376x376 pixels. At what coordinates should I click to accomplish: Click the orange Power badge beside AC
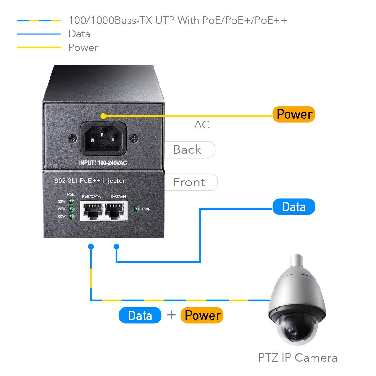[x=294, y=114]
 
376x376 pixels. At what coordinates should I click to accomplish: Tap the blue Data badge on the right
[x=294, y=207]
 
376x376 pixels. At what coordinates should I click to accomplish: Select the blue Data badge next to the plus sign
[x=140, y=315]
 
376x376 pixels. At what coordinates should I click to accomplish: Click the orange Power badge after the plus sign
[x=202, y=315]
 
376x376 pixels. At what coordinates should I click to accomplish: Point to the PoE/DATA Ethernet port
[x=91, y=210]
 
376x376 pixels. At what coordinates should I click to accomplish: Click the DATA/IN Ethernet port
[x=116, y=210]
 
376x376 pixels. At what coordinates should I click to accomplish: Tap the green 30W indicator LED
[x=71, y=201]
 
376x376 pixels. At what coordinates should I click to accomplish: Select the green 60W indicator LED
[x=71, y=209]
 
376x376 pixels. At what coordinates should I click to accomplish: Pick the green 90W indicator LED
[x=71, y=216]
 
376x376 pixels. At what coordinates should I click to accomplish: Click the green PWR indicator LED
[x=137, y=209]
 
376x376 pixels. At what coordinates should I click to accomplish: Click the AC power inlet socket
[x=103, y=139]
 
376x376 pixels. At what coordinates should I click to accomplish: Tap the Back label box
[x=189, y=150]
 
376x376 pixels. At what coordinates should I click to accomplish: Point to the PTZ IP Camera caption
[x=298, y=358]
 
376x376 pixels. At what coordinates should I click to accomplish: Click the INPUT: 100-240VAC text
[x=103, y=163]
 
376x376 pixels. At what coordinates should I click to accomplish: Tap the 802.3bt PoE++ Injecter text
[x=90, y=181]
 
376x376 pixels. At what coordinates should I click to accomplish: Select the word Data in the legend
[x=79, y=34]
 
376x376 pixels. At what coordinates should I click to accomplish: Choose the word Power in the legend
[x=83, y=48]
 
